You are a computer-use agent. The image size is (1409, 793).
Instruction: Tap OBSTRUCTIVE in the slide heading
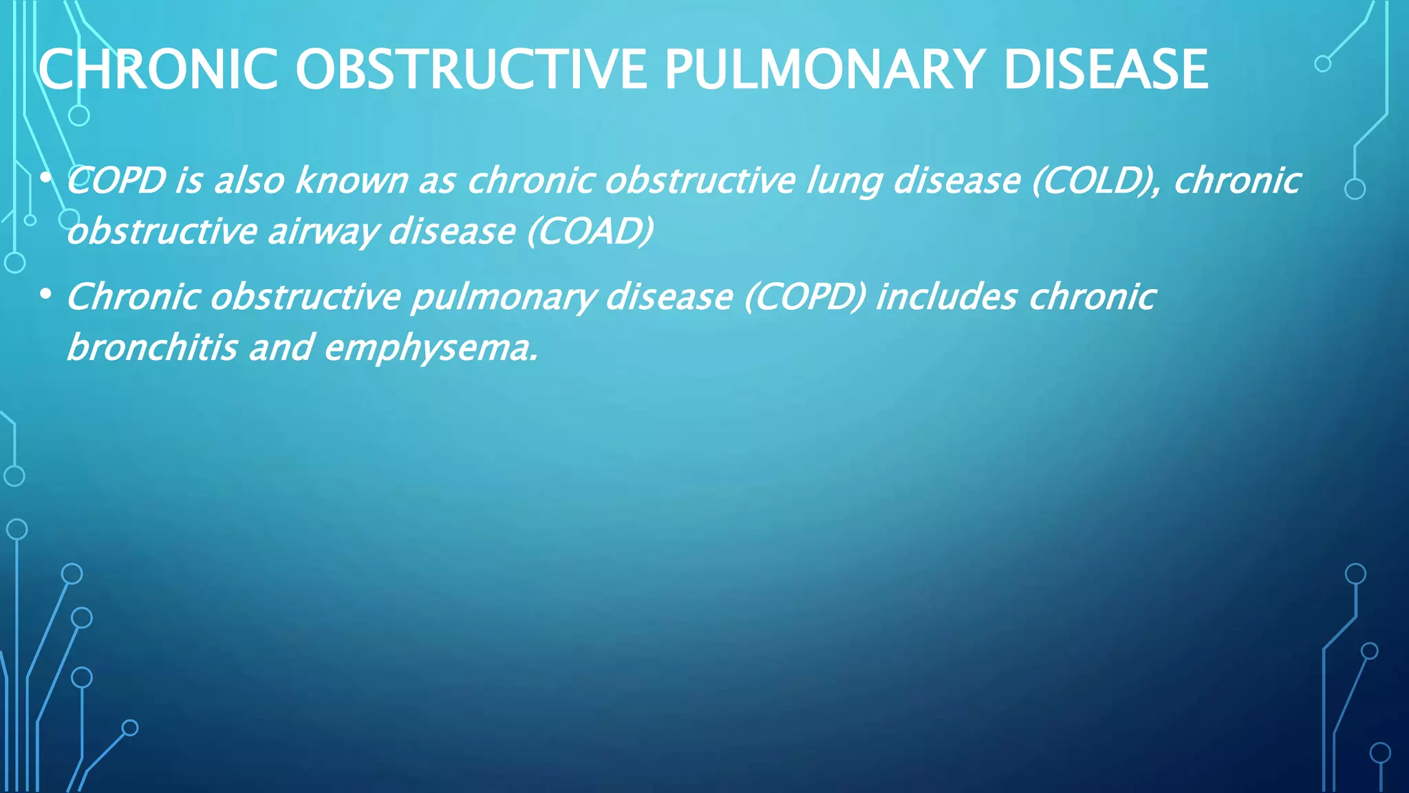(471, 70)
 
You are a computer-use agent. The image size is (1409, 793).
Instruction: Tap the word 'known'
(352, 181)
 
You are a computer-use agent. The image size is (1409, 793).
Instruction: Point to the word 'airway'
(323, 232)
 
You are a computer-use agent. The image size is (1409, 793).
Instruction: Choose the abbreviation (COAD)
(590, 231)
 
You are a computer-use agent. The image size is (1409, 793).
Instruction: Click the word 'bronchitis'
(152, 348)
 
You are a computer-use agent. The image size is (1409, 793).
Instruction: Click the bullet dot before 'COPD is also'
(45, 178)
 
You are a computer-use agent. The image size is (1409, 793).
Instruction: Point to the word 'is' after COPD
(189, 181)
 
